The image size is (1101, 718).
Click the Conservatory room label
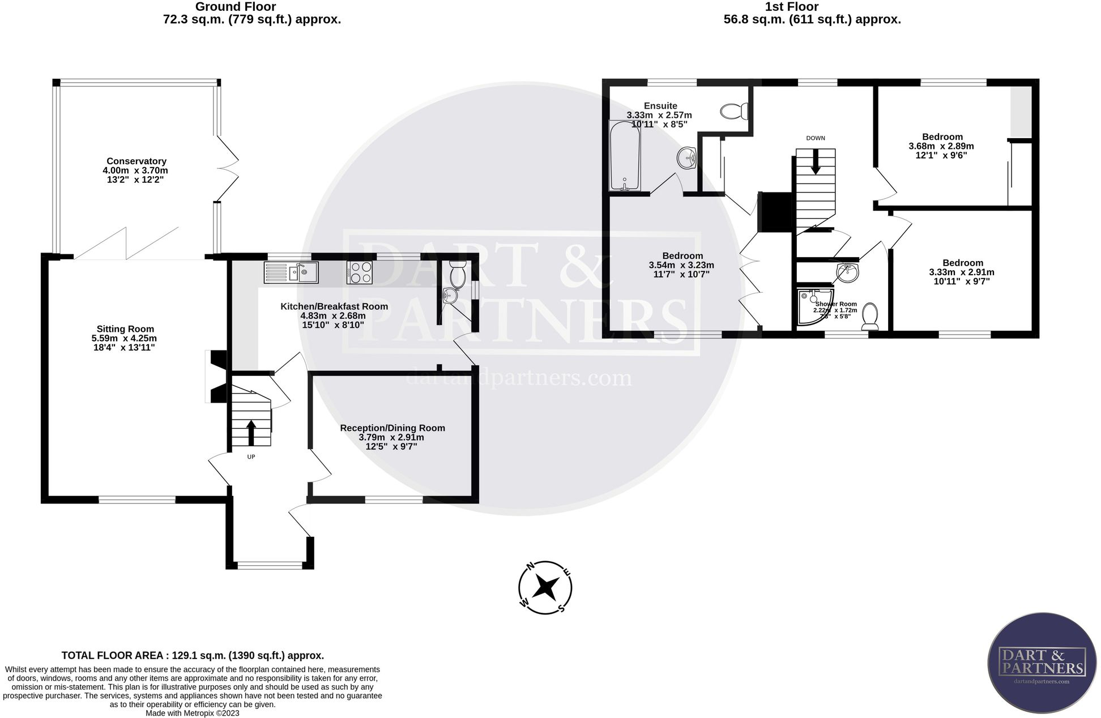(x=136, y=161)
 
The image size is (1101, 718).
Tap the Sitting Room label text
(x=125, y=329)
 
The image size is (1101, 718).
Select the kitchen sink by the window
(x=291, y=272)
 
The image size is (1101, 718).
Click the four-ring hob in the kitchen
(x=360, y=272)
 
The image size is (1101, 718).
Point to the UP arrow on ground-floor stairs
(x=251, y=432)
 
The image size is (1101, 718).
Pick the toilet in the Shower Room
(x=869, y=316)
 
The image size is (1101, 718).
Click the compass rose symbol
(x=545, y=588)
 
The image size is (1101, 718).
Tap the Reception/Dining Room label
(x=392, y=428)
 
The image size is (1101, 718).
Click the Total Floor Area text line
(x=193, y=656)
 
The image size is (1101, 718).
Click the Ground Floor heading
(x=235, y=7)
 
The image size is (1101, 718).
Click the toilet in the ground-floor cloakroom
(x=456, y=274)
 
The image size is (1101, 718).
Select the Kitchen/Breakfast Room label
(x=334, y=306)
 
